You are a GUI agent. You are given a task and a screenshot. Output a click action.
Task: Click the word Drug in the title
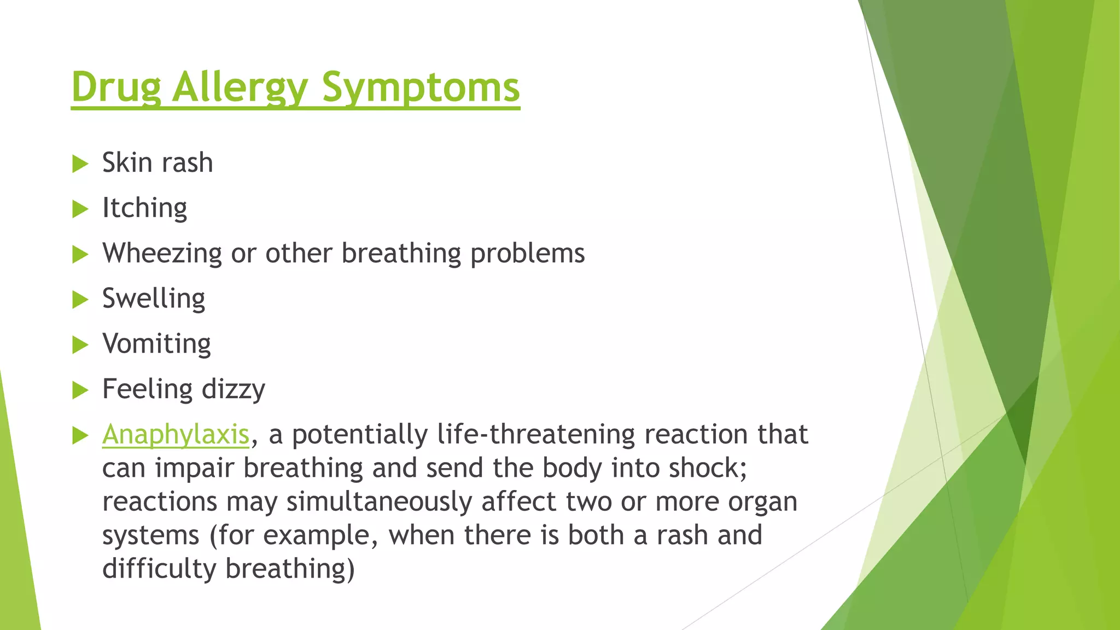coord(116,87)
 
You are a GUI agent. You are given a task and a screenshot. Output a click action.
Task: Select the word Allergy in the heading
coord(240,87)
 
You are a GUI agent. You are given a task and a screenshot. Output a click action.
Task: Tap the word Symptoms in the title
coord(421,87)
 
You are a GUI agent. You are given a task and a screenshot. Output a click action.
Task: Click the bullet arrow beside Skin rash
coord(80,164)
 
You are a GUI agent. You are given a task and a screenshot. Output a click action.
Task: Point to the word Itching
coord(144,208)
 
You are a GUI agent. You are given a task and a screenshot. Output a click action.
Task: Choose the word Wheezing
coord(162,254)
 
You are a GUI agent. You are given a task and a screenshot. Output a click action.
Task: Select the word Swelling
coord(154,299)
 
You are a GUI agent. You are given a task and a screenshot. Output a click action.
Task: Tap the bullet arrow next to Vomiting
coord(80,345)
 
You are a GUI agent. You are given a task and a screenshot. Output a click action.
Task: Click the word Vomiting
coord(156,345)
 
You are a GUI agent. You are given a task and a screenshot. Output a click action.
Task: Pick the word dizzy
coord(234,390)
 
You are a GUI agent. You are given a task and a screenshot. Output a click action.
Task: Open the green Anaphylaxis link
coord(176,435)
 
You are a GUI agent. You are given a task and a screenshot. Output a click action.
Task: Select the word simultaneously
coord(379,502)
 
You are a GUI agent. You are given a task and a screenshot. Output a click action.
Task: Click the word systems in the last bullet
coord(150,536)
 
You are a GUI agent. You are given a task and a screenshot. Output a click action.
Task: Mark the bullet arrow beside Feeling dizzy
coord(80,390)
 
